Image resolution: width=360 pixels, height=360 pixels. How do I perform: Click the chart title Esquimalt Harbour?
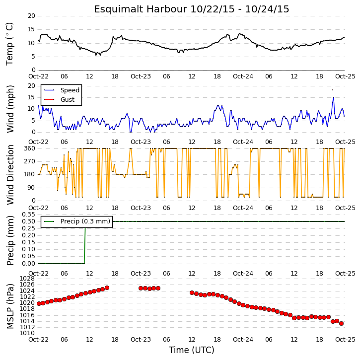(x=141, y=9)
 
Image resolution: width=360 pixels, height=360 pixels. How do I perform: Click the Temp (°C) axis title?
(x=9, y=44)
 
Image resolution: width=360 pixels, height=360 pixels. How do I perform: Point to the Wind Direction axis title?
(x=10, y=175)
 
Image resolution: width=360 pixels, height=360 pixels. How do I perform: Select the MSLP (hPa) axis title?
(x=10, y=306)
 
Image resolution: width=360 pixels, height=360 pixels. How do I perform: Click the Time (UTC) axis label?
(x=192, y=350)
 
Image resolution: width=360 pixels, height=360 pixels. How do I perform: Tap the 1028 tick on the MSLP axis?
(x=27, y=279)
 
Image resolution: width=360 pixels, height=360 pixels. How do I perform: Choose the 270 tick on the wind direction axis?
(x=30, y=161)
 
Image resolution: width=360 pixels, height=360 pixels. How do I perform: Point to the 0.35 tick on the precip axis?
(x=28, y=215)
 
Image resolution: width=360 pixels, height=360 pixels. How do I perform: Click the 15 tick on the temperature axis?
(x=31, y=29)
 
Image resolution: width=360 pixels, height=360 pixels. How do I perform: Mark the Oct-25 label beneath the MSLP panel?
(x=345, y=339)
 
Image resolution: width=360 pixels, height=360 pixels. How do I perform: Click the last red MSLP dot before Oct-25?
(x=341, y=323)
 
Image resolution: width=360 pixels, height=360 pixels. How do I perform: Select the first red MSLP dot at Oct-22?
(x=39, y=303)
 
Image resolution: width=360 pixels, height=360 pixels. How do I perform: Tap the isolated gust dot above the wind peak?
(x=333, y=90)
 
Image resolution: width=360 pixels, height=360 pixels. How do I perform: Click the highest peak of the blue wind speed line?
(x=334, y=97)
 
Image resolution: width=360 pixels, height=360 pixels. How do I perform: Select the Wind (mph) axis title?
(x=10, y=109)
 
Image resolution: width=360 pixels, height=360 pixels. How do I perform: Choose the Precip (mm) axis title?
(x=10, y=241)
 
